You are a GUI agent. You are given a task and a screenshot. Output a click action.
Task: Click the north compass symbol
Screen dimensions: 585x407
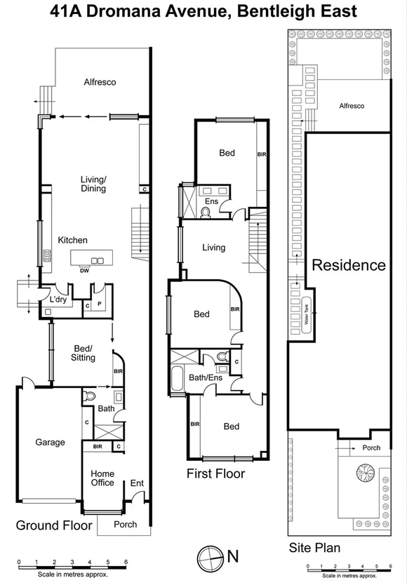[209, 556]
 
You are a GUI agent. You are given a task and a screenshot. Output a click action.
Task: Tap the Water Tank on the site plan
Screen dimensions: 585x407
[306, 310]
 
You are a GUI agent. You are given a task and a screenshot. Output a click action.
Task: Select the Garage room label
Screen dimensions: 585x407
[50, 442]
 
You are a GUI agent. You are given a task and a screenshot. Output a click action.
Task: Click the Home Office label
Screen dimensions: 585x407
[102, 478]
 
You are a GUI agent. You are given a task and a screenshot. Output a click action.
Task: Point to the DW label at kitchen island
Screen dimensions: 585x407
[84, 269]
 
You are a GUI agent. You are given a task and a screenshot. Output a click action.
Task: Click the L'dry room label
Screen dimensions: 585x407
[57, 300]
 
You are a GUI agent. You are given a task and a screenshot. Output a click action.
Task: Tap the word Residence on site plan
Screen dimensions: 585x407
[348, 265]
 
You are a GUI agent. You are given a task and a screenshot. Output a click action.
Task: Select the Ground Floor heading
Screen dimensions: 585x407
[54, 525]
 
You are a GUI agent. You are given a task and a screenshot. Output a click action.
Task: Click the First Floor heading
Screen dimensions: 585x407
[215, 473]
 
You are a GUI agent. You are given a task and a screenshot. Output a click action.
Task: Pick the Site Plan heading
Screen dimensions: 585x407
[314, 547]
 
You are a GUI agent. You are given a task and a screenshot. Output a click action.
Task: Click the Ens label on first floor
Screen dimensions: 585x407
[211, 202]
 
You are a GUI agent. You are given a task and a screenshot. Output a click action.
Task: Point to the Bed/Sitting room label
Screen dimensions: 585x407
[84, 353]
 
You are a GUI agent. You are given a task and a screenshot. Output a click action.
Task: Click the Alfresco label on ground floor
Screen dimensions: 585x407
[100, 82]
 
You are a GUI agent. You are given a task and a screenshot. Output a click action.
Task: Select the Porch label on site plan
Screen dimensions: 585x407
[371, 448]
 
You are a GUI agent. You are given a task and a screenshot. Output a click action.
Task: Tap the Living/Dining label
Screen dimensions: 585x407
[93, 184]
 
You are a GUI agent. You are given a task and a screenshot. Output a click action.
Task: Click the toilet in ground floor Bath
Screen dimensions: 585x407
[88, 396]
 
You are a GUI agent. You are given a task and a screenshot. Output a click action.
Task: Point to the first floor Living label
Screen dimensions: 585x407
[213, 248]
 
